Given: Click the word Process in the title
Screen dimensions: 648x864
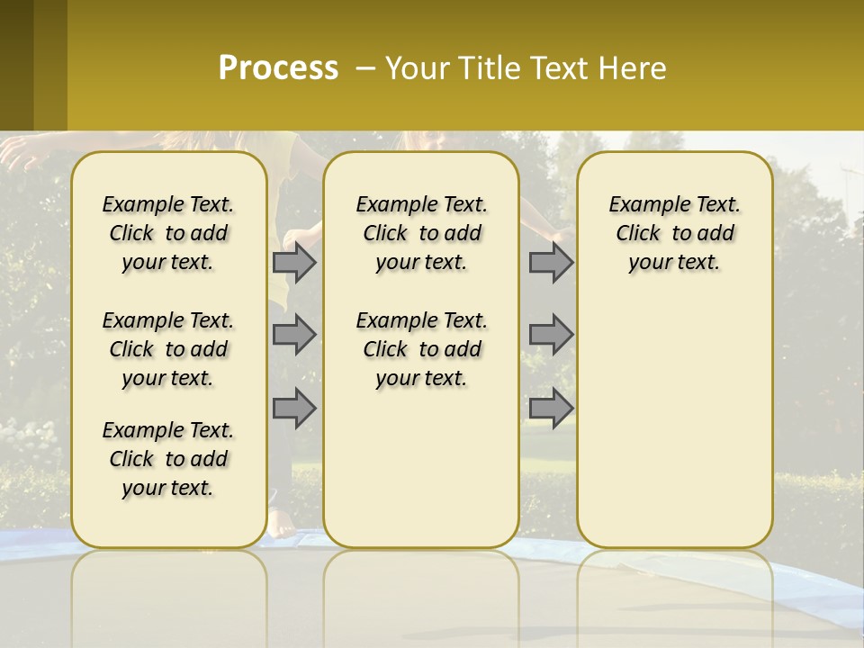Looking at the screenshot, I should [x=278, y=67].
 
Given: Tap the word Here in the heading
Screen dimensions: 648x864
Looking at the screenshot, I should [x=633, y=68].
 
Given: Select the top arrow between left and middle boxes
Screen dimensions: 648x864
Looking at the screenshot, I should [x=294, y=262].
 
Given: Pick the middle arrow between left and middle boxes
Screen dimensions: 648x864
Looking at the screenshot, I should [x=294, y=335].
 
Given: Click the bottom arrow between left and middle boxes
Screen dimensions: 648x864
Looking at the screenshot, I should [x=294, y=409].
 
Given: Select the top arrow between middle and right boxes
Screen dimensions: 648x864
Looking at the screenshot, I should [x=551, y=262].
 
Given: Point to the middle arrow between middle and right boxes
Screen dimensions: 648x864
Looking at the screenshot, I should [x=551, y=335].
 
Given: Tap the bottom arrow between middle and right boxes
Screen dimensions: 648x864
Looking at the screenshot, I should [x=551, y=409].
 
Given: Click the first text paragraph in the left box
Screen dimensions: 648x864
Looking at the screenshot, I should [x=168, y=233].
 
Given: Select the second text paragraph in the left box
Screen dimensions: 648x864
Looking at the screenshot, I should [x=168, y=349].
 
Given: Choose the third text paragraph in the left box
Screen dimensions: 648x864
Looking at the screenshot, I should [x=168, y=459].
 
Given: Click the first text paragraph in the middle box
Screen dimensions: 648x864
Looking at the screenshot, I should [x=421, y=233].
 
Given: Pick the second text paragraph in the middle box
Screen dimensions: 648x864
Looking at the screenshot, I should [x=421, y=349].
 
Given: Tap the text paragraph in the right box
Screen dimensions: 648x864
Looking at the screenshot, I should [x=674, y=233].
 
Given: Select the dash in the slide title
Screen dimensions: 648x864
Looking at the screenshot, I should [x=365, y=68].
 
